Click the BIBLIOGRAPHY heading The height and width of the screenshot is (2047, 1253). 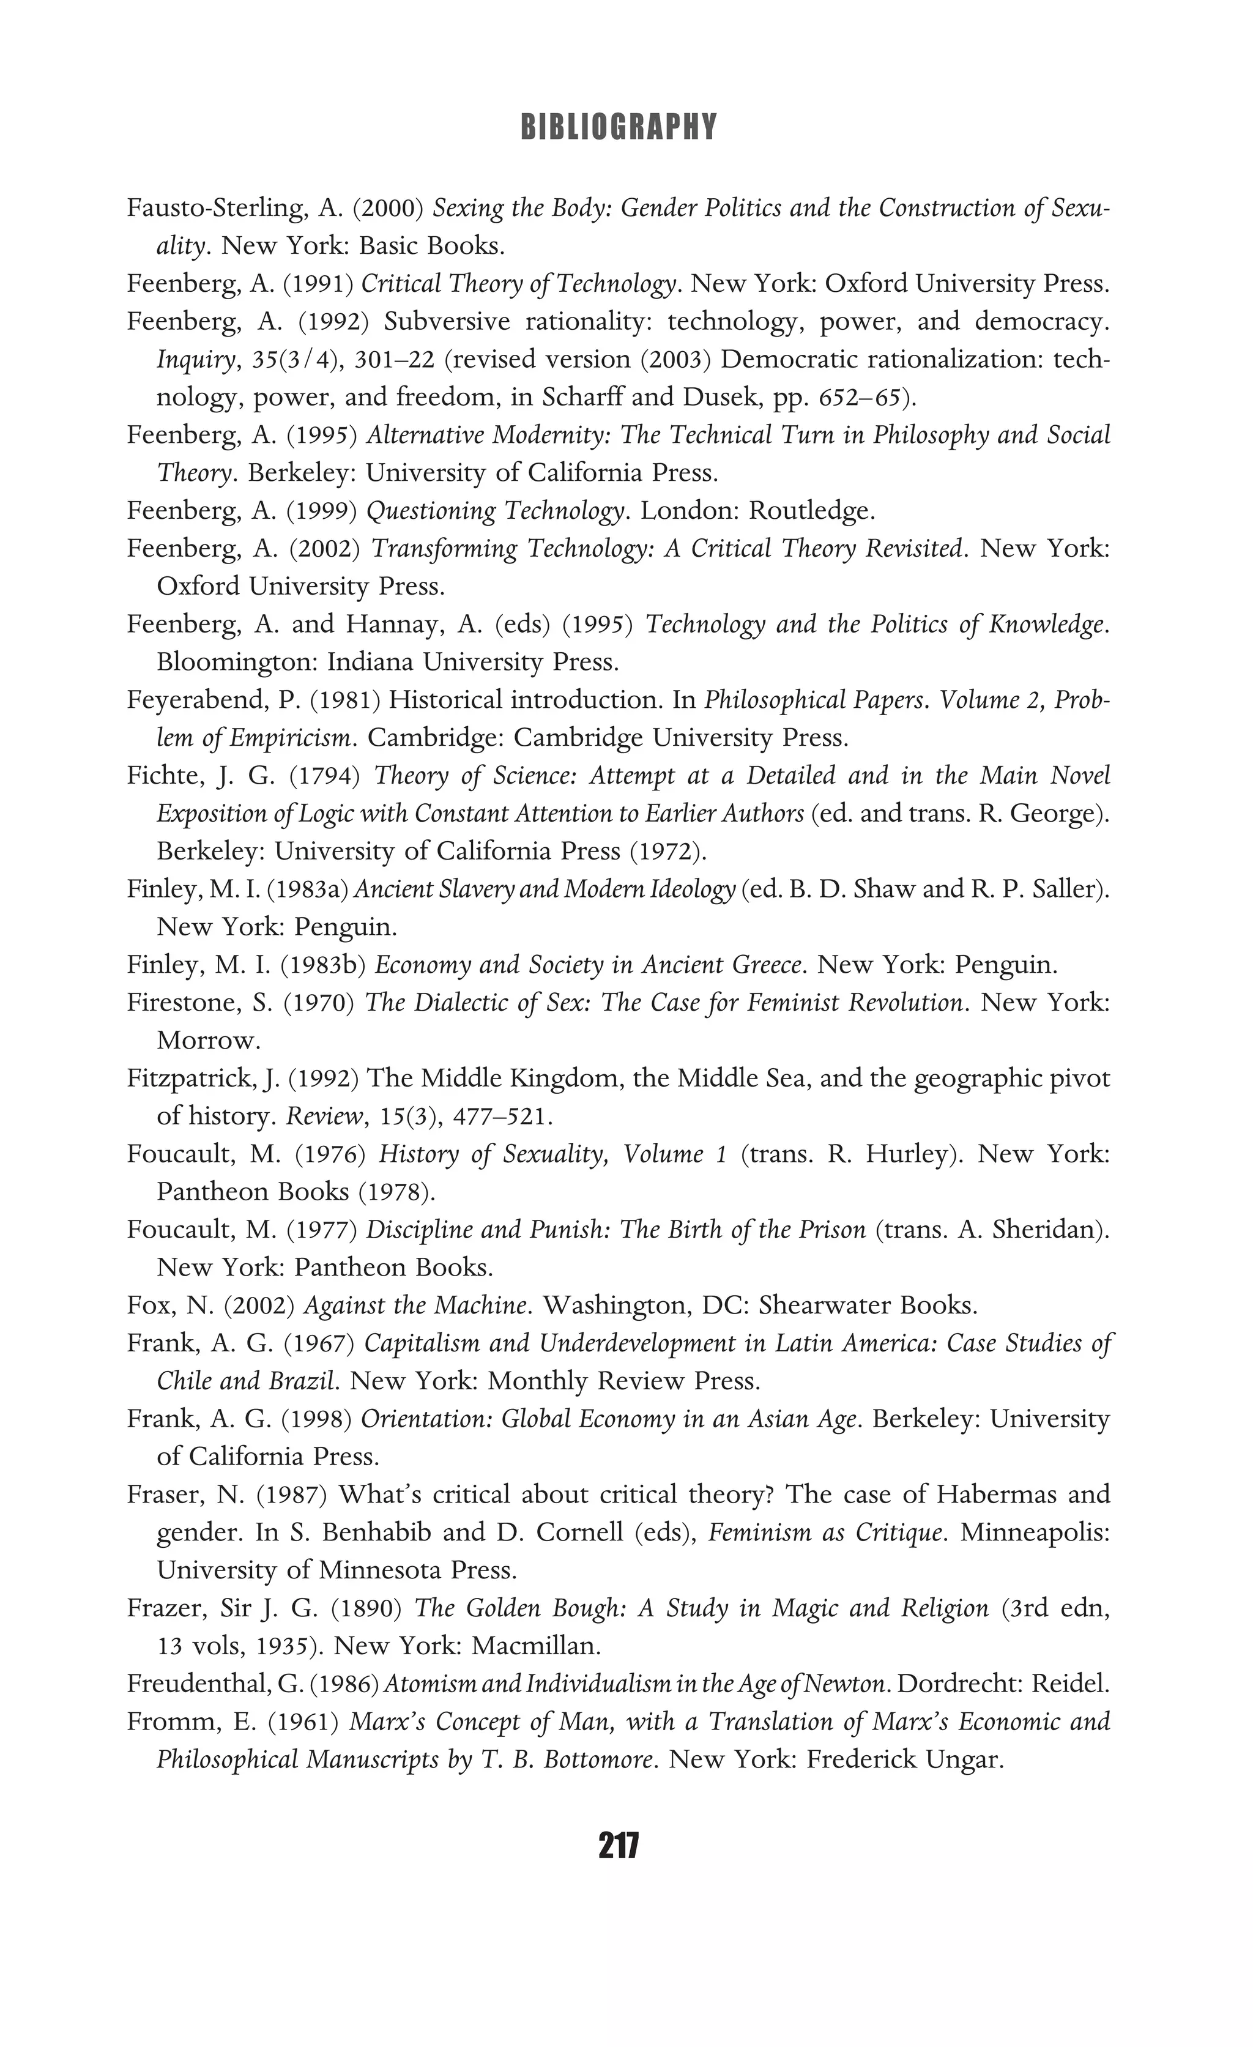click(x=618, y=127)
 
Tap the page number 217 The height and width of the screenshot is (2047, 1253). click(x=618, y=1846)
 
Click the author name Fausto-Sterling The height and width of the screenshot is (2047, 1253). click(x=218, y=207)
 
